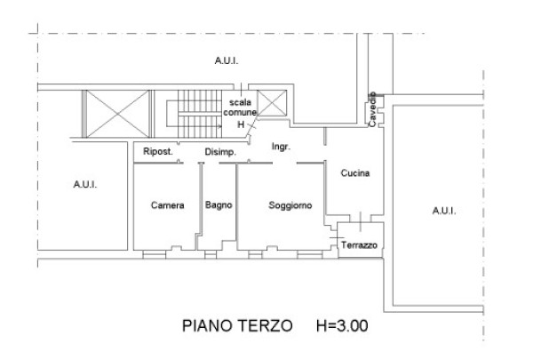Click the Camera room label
[x=167, y=205]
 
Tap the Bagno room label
[x=219, y=205]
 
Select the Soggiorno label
[x=290, y=205]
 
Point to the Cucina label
[x=354, y=173]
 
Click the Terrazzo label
[x=359, y=245]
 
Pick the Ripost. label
[x=158, y=151]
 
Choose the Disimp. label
[x=220, y=152]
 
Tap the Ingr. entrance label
[x=281, y=147]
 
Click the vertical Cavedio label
[x=372, y=109]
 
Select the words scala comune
[x=240, y=108]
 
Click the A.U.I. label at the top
[x=227, y=61]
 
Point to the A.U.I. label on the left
[x=85, y=184]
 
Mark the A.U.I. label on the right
[x=444, y=211]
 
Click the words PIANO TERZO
[x=237, y=325]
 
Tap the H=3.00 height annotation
[x=342, y=325]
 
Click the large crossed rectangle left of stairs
[x=118, y=114]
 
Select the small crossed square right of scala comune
[x=272, y=103]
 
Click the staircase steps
[x=200, y=114]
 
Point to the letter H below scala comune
[x=241, y=124]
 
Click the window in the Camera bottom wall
[x=155, y=254]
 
